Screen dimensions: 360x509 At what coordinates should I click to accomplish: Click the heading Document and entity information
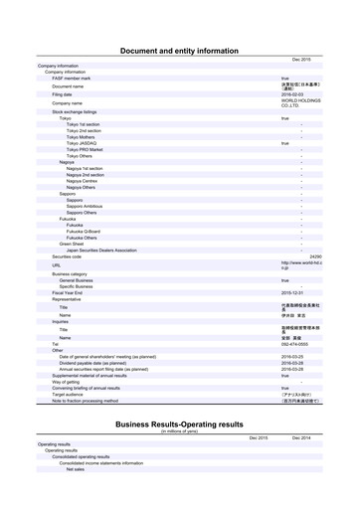pyautogui.click(x=179, y=50)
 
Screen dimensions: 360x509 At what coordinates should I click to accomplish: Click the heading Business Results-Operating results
pyautogui.click(x=179, y=424)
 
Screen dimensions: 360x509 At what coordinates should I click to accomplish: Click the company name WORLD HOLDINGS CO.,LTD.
pyautogui.click(x=298, y=103)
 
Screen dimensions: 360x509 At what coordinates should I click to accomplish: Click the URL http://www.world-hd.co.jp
pyautogui.click(x=298, y=265)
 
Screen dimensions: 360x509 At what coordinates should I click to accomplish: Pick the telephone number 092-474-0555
pyautogui.click(x=293, y=344)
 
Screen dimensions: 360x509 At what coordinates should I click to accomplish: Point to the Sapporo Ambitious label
pyautogui.click(x=85, y=206)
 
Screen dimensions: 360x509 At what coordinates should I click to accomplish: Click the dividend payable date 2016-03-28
pyautogui.click(x=292, y=363)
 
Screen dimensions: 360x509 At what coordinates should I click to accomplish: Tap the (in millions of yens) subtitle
pyautogui.click(x=179, y=430)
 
